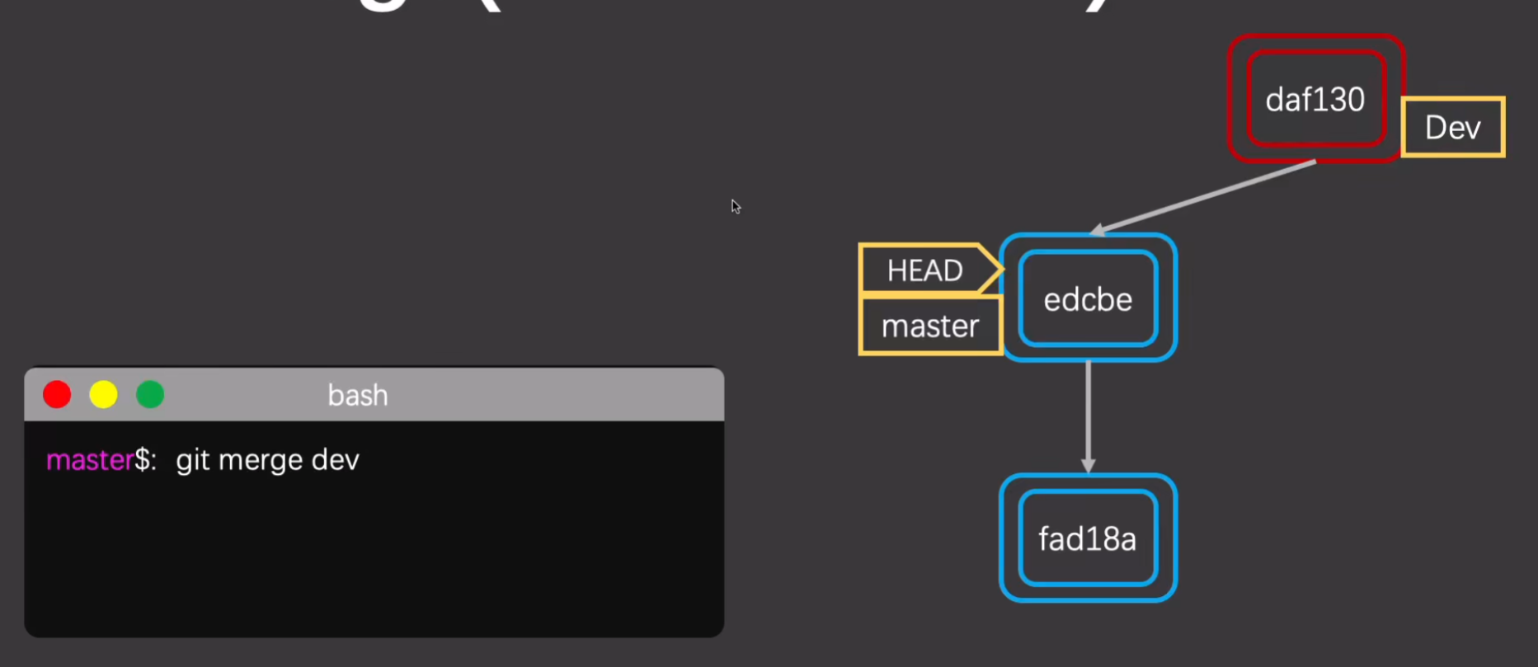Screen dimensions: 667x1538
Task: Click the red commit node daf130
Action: [1315, 99]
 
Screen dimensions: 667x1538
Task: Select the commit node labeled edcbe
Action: [1088, 298]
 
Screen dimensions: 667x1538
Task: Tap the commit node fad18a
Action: [1088, 538]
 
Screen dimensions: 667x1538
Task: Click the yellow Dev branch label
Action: [1453, 127]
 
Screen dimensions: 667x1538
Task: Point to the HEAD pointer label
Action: [925, 270]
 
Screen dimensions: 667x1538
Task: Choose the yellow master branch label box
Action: [930, 326]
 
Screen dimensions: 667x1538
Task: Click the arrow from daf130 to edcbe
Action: [1204, 196]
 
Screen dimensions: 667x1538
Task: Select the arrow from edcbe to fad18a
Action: [1088, 412]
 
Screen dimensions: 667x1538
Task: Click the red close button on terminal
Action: [57, 395]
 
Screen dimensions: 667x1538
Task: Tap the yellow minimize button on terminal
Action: [103, 395]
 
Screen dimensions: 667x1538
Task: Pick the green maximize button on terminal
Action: [150, 395]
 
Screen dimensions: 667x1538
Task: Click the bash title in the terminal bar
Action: [358, 396]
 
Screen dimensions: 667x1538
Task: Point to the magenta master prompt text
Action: [89, 460]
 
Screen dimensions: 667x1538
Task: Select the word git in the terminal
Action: [192, 460]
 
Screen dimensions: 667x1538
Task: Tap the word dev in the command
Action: [335, 460]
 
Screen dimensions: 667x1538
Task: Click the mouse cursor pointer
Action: [735, 206]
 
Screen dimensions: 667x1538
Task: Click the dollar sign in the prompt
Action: [143, 460]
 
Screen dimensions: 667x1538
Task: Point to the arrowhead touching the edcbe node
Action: [1098, 230]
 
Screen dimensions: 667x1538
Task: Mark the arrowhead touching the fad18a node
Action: [1088, 466]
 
